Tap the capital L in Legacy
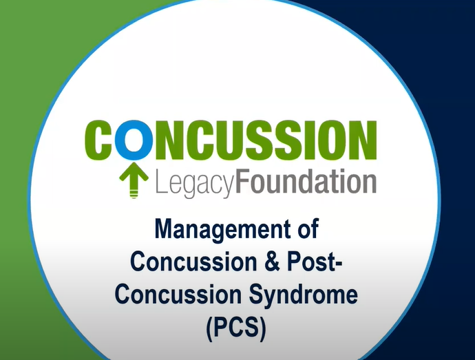tap(160, 182)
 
